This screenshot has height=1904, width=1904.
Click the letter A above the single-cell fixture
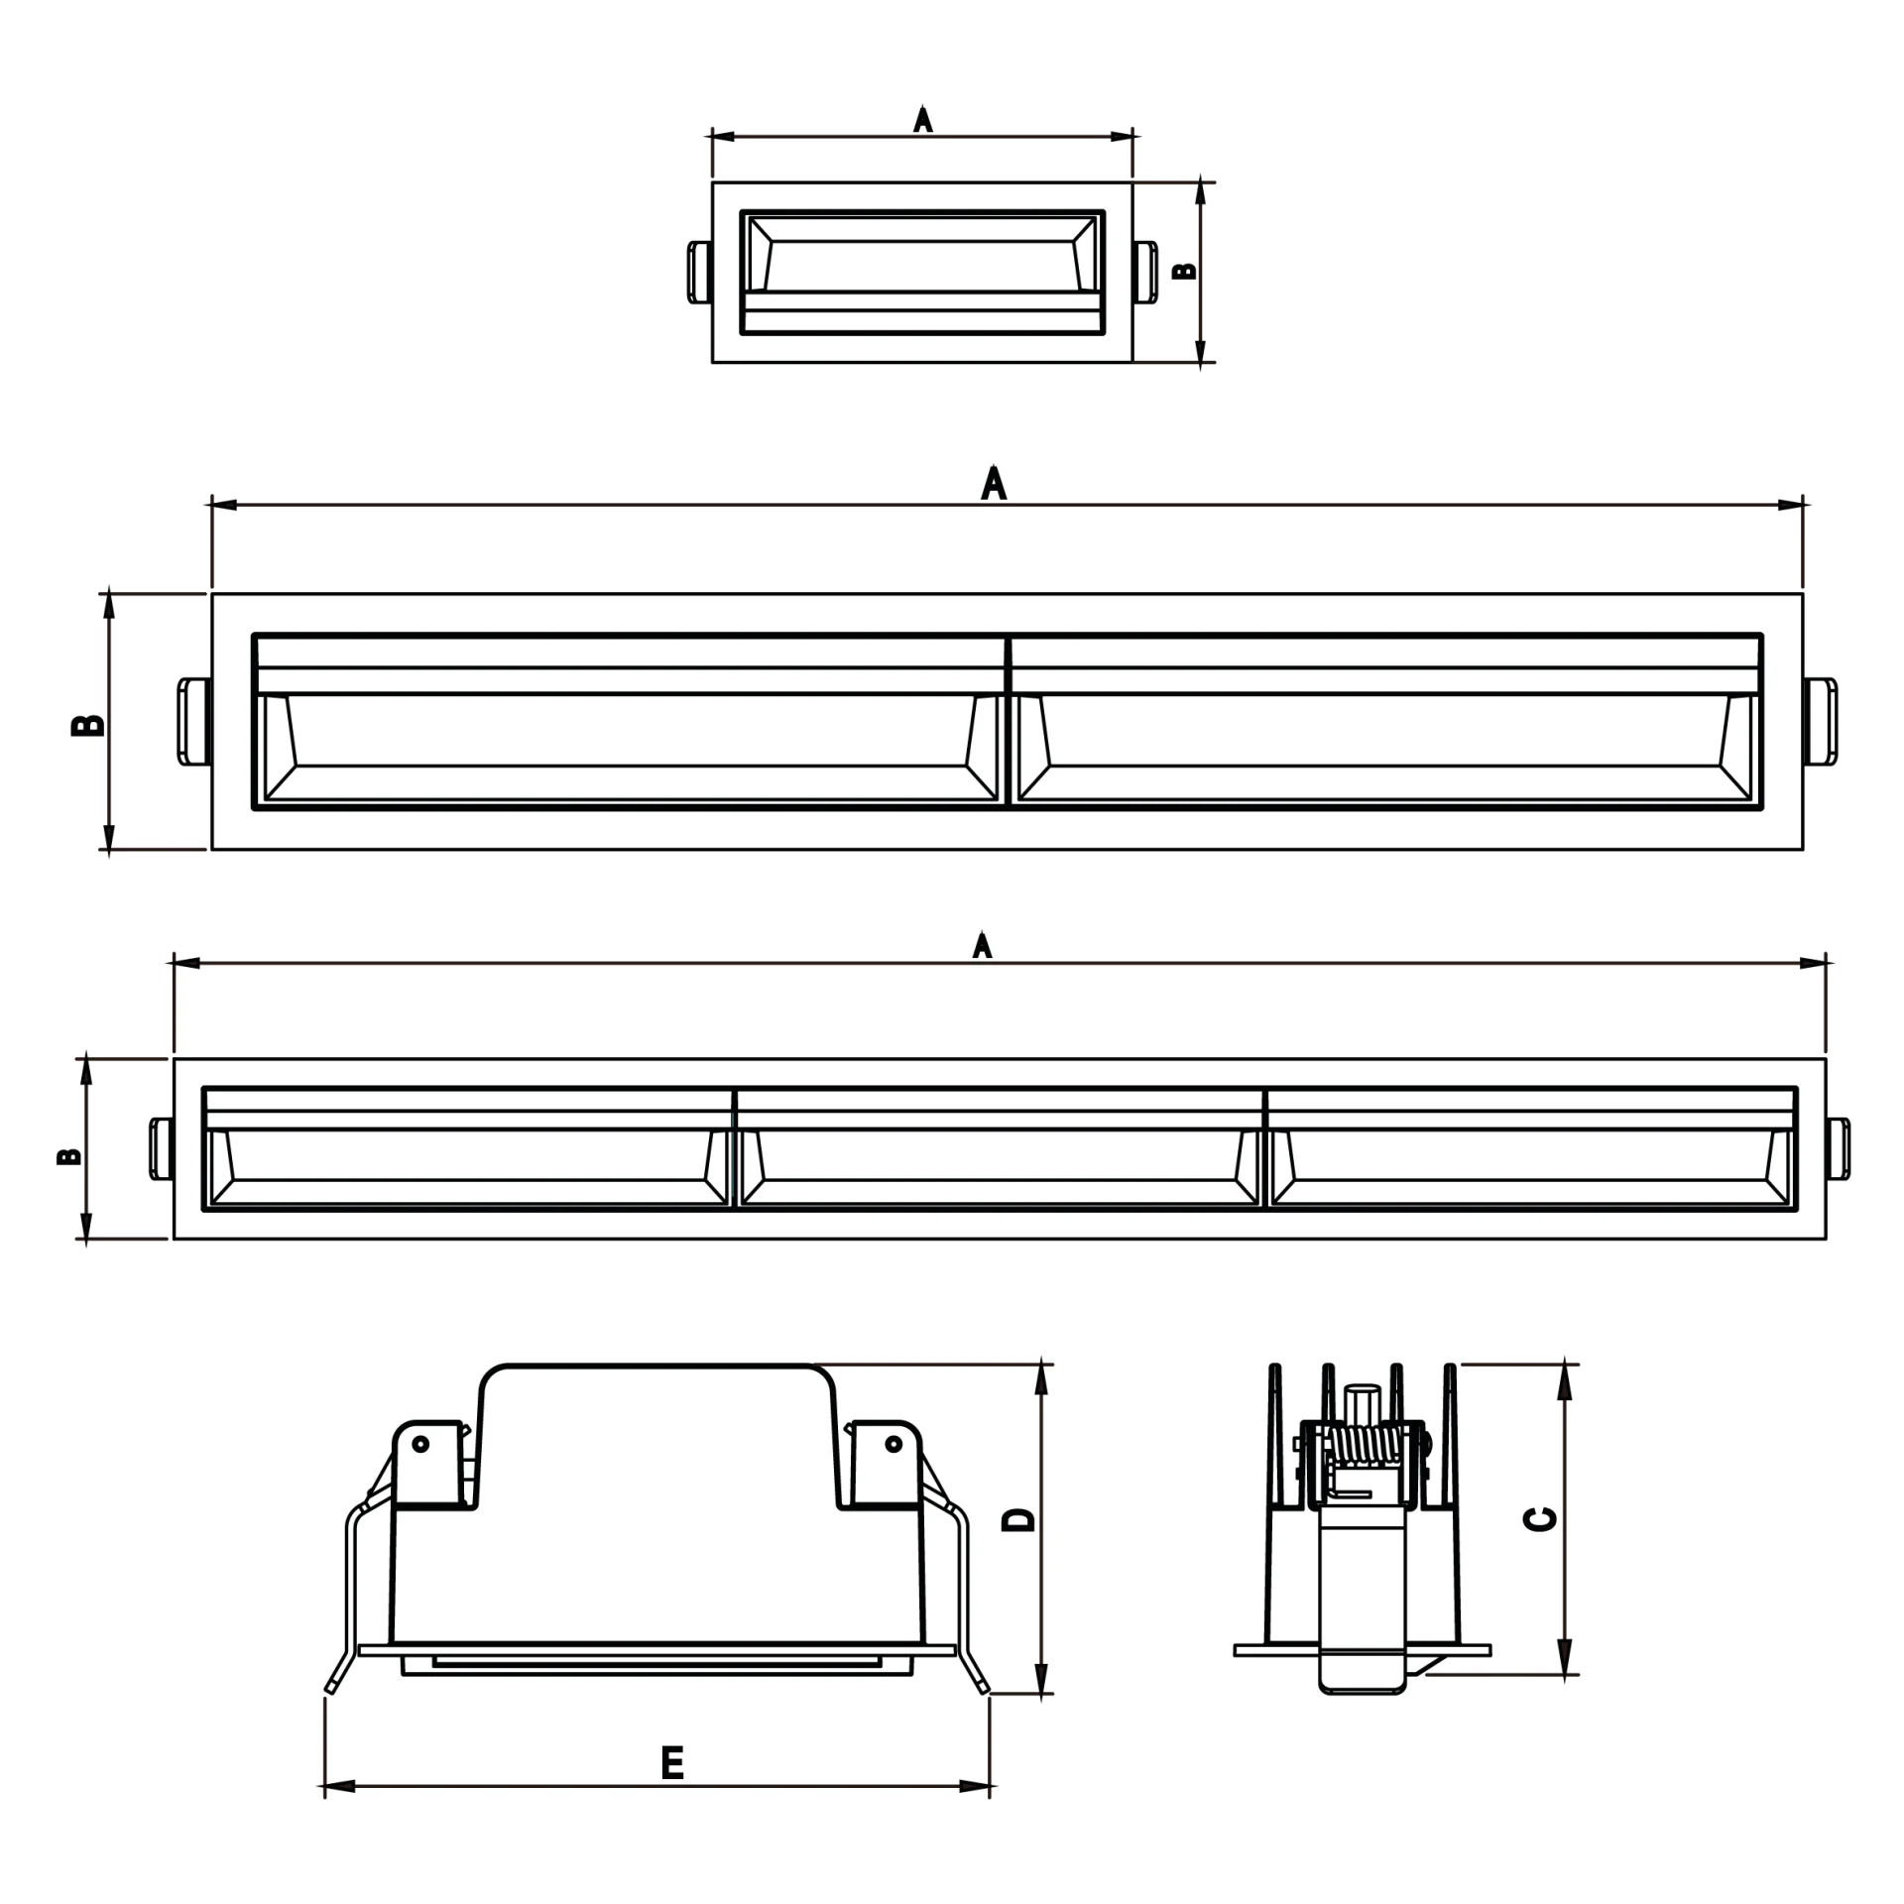coord(923,119)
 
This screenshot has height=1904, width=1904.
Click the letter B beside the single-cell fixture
coord(1185,271)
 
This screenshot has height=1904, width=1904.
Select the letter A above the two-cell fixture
coord(994,483)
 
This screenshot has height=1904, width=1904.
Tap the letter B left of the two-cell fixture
coord(88,725)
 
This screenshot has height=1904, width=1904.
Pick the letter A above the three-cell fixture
coord(982,945)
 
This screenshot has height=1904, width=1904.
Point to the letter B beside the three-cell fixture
coord(69,1156)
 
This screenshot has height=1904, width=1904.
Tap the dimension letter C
coord(1540,1519)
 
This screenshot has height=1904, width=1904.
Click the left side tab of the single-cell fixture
coord(699,271)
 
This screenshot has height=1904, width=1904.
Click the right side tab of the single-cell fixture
coord(1145,271)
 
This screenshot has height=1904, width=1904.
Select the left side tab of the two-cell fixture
coord(194,722)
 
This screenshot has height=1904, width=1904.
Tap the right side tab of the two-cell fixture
coord(1820,722)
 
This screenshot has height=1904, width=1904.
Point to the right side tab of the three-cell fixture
coord(1838,1149)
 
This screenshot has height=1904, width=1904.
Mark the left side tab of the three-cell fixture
coord(162,1149)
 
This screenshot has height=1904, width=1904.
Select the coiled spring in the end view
coord(1365,1445)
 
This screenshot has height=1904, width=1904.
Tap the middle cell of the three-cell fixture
coord(1000,1148)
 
